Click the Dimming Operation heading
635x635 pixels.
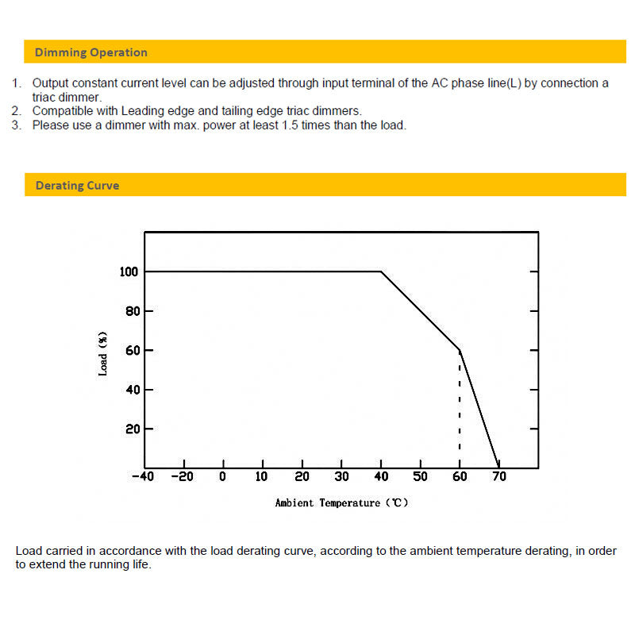(90, 52)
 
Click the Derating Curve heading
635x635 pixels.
(77, 186)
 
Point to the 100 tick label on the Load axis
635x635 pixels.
(129, 272)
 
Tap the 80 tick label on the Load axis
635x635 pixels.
(132, 311)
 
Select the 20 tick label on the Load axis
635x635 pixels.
(132, 429)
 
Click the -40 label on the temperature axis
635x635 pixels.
(142, 477)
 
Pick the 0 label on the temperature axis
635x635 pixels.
(223, 477)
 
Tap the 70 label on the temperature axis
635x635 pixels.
(499, 477)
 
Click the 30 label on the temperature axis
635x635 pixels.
(341, 477)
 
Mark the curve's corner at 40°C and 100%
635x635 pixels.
(381, 272)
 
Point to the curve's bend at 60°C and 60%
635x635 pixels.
(460, 350)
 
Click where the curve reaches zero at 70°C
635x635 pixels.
(498, 467)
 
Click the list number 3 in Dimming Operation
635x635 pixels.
(16, 125)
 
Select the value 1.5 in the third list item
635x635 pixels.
(290, 125)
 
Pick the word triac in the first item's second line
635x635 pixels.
(45, 97)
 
